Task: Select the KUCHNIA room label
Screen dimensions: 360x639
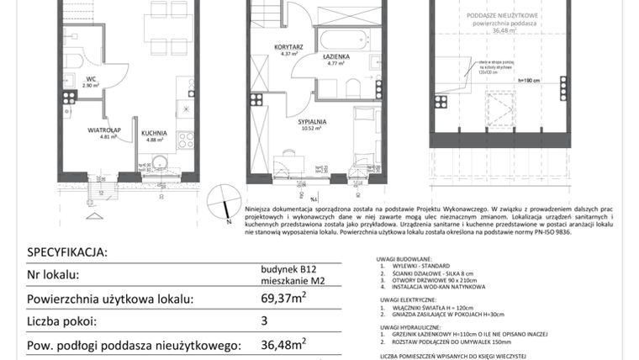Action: [154, 132]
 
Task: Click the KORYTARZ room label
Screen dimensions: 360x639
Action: [288, 47]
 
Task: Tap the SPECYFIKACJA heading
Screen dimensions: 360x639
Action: [67, 251]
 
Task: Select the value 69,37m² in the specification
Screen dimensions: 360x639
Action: [283, 298]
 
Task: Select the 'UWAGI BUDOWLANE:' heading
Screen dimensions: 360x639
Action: [406, 259]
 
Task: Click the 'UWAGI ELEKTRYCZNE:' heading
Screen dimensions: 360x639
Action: [407, 300]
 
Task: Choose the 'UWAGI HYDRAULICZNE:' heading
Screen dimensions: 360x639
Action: [409, 327]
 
